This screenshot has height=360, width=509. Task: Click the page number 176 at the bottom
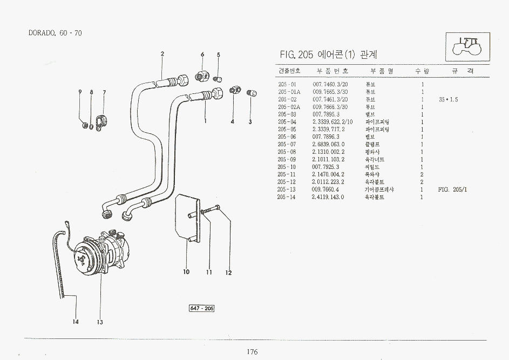pyautogui.click(x=252, y=352)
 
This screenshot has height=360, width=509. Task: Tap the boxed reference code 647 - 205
pyautogui.click(x=201, y=308)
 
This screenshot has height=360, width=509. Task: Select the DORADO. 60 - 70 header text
pyautogui.click(x=55, y=33)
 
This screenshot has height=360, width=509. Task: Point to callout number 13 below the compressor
pyautogui.click(x=100, y=323)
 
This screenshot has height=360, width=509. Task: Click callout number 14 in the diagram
pyautogui.click(x=76, y=322)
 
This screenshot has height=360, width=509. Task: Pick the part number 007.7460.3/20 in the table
pyautogui.click(x=330, y=84)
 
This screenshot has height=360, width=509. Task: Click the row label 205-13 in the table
pyautogui.click(x=287, y=189)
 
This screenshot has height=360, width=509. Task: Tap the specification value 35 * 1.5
pyautogui.click(x=448, y=99)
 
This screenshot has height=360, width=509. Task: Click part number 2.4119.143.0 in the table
pyautogui.click(x=328, y=197)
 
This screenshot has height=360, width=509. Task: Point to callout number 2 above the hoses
pyautogui.click(x=162, y=53)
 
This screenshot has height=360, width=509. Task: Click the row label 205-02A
pyautogui.click(x=288, y=107)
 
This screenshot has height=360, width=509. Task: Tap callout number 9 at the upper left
pyautogui.click(x=80, y=92)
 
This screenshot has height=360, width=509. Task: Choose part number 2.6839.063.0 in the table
pyautogui.click(x=328, y=145)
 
